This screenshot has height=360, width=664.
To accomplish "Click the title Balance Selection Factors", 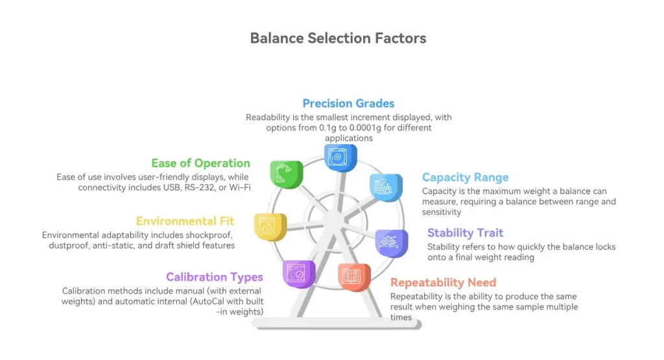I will click(x=338, y=38).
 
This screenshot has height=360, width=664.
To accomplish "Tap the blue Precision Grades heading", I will click(x=348, y=103).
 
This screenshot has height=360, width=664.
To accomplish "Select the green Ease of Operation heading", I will click(x=200, y=163).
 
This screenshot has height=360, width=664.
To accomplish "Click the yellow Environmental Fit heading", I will click(x=185, y=222).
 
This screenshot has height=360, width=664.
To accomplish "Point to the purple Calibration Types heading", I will click(x=214, y=278).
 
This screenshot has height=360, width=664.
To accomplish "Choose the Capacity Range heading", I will click(x=465, y=178).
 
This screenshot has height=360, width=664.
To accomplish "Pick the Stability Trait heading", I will click(x=465, y=233).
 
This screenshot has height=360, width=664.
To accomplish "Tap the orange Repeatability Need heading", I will click(x=443, y=282).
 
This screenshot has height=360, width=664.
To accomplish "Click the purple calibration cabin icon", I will click(x=298, y=273).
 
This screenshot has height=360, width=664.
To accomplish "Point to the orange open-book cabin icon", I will click(x=354, y=276).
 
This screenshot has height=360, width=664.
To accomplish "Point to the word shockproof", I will click(x=207, y=235).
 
